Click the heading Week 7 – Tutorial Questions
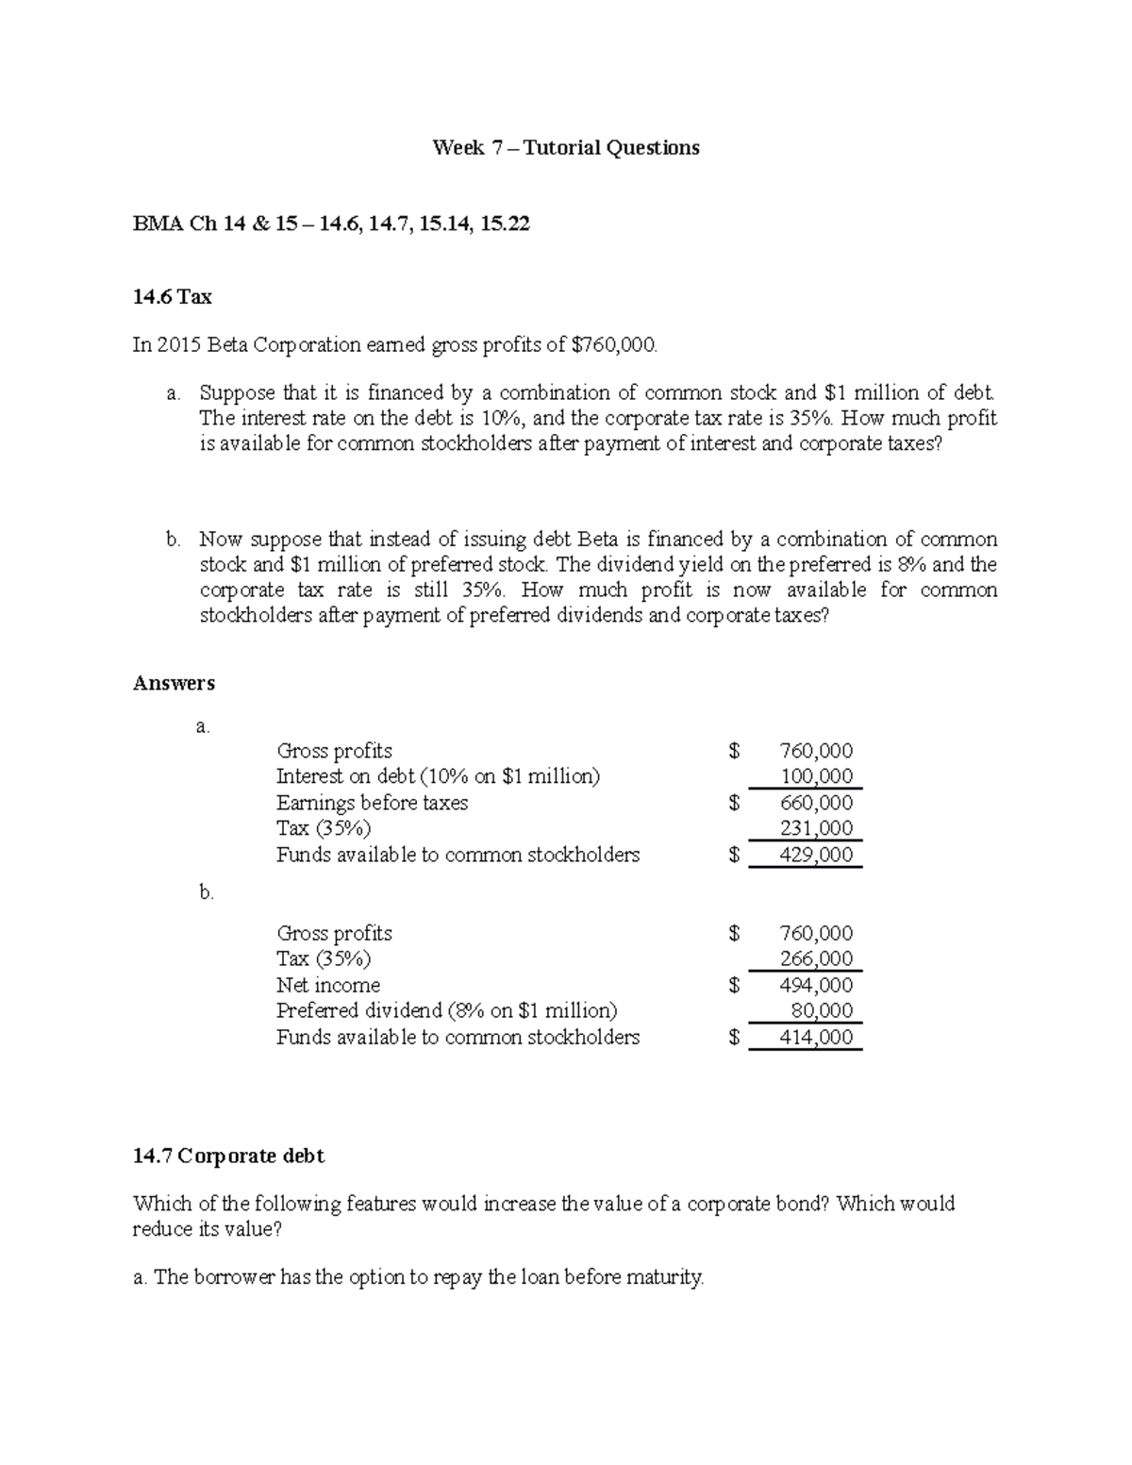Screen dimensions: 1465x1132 tap(565, 148)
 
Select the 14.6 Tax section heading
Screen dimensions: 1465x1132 tap(173, 297)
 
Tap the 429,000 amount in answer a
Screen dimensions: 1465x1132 tap(816, 856)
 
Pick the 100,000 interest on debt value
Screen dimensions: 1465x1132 tap(816, 777)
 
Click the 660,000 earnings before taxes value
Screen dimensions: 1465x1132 tap(816, 804)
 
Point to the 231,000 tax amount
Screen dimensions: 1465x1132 tap(816, 829)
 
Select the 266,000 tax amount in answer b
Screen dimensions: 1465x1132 tap(816, 959)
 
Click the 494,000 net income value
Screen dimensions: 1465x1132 tap(816, 986)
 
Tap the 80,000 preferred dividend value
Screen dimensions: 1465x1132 tap(822, 1011)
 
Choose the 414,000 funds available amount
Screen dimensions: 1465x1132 tap(816, 1038)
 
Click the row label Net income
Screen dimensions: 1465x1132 tap(327, 986)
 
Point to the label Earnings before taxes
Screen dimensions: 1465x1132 tap(372, 804)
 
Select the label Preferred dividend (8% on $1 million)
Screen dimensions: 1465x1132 tap(446, 1011)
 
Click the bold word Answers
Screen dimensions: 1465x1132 tap(174, 683)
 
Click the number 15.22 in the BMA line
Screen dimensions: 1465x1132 tap(505, 225)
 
